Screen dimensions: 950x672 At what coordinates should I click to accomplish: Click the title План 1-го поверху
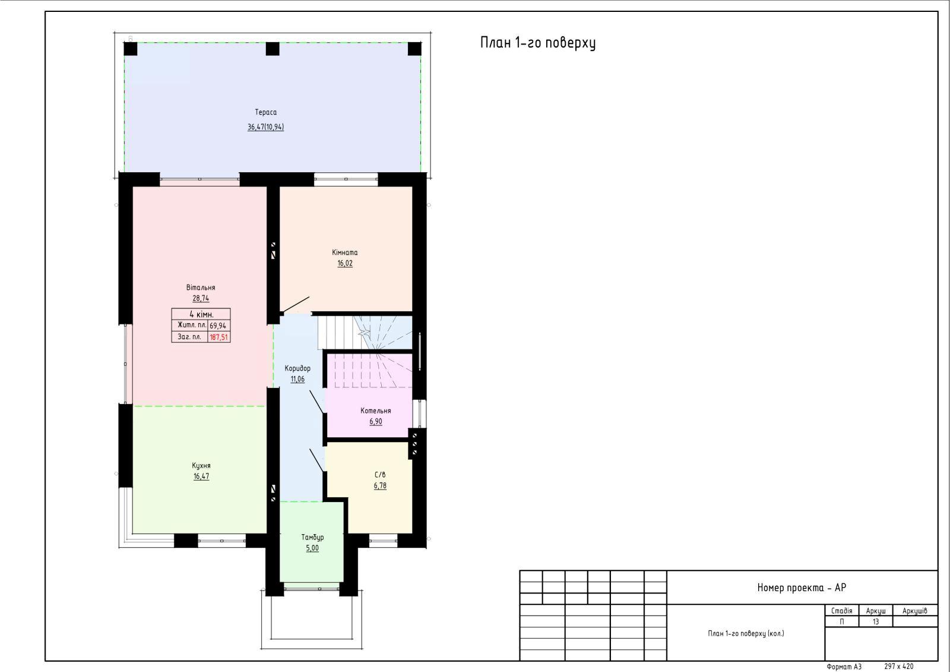[538, 43]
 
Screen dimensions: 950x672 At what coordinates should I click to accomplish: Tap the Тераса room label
[265, 112]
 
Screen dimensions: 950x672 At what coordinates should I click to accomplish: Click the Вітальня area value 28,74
[201, 298]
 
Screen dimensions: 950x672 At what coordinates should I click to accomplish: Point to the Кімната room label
[344, 252]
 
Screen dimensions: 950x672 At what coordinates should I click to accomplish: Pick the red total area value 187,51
[218, 337]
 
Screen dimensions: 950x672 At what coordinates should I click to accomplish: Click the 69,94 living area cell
[218, 326]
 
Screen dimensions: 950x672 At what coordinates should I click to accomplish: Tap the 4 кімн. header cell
[201, 314]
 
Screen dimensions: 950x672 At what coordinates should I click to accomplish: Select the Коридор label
[297, 368]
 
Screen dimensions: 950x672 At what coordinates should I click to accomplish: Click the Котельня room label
[375, 411]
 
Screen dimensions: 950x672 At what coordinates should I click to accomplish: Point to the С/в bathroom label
[380, 475]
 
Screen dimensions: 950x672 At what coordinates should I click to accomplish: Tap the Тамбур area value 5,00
[312, 548]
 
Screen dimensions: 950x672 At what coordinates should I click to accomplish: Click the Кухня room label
[201, 465]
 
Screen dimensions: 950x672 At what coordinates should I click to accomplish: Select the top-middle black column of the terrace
[273, 49]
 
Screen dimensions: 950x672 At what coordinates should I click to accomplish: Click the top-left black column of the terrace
[131, 49]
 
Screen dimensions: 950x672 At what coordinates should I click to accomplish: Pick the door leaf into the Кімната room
[296, 304]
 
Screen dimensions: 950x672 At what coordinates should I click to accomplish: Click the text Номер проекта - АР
[802, 588]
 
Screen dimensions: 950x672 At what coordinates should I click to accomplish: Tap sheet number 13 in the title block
[876, 621]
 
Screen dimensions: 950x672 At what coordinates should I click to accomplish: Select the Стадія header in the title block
[841, 610]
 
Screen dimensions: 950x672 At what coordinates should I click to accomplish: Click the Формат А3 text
[844, 667]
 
